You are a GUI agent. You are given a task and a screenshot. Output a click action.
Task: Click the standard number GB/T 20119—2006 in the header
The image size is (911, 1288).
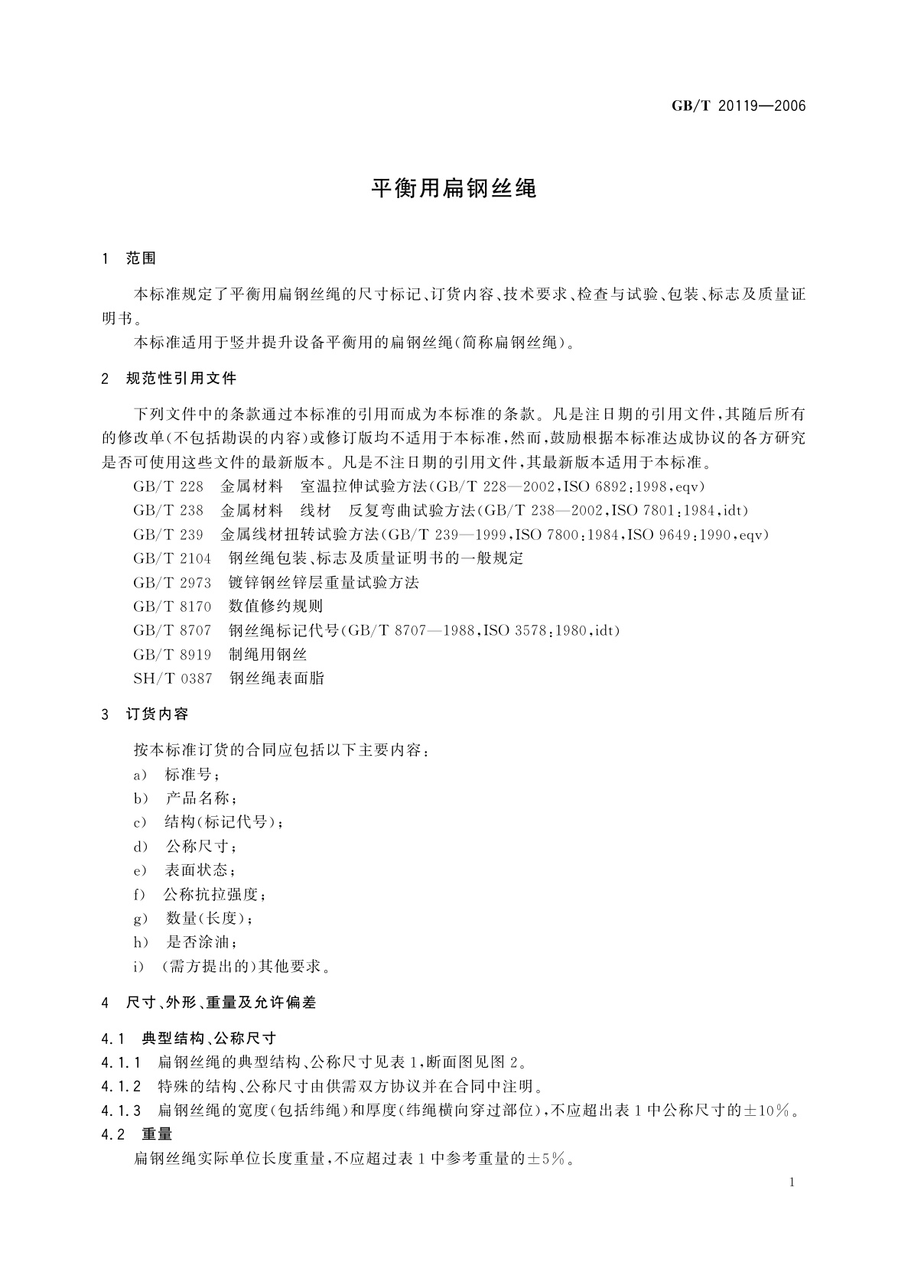click(x=738, y=106)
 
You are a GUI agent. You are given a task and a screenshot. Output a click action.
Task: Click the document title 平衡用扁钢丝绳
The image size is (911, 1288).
click(x=454, y=188)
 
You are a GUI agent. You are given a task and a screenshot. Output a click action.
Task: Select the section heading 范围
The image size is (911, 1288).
click(x=140, y=259)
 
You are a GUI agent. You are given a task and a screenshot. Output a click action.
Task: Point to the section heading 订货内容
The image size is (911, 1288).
click(x=157, y=714)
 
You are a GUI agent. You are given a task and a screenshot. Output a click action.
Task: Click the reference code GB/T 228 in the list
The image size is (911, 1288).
click(x=168, y=486)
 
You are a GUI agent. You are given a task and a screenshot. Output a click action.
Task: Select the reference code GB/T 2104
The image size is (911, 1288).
click(x=172, y=558)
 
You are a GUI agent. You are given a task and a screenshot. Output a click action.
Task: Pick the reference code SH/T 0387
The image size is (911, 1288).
click(x=173, y=678)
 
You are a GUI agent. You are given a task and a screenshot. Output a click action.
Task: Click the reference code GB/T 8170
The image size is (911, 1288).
click(x=172, y=607)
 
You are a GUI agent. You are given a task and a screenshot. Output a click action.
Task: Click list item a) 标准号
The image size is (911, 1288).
click(x=176, y=775)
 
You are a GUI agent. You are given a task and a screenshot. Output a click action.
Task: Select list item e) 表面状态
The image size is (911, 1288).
click(x=184, y=870)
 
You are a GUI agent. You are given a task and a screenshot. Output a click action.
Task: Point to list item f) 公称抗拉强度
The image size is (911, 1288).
click(x=199, y=894)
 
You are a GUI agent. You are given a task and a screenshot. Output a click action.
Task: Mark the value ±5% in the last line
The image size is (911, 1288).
click(x=548, y=1159)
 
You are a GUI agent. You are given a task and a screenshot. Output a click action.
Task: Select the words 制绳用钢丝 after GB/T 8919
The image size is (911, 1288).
click(x=268, y=655)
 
